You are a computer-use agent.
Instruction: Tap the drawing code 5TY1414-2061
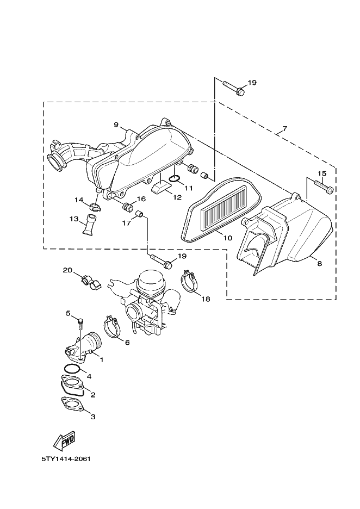tap(66, 459)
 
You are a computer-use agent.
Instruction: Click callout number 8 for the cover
tap(319, 264)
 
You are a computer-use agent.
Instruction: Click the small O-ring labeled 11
tap(175, 178)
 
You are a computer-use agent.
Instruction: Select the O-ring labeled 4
tap(72, 369)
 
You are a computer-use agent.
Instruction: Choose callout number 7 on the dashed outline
tap(284, 128)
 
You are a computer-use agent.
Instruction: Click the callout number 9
tap(116, 125)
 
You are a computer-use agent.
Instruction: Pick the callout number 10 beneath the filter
tap(228, 238)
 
